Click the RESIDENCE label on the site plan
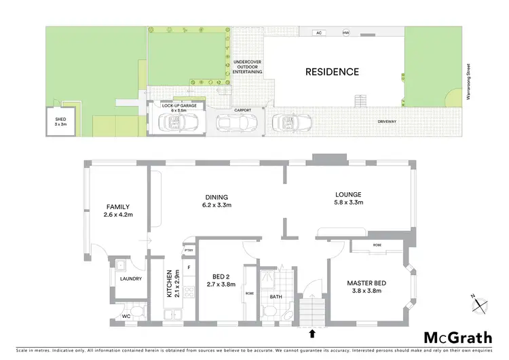331,71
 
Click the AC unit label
320,33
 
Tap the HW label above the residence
345,33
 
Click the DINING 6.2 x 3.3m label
215,201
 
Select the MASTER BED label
366,287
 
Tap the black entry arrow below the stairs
312,334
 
